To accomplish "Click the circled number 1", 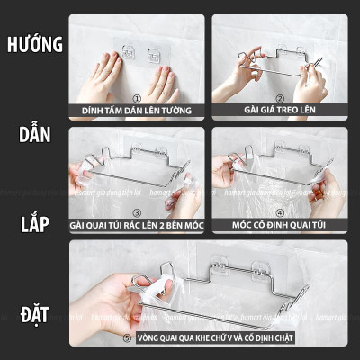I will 136,100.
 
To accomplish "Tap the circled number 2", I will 279,100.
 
